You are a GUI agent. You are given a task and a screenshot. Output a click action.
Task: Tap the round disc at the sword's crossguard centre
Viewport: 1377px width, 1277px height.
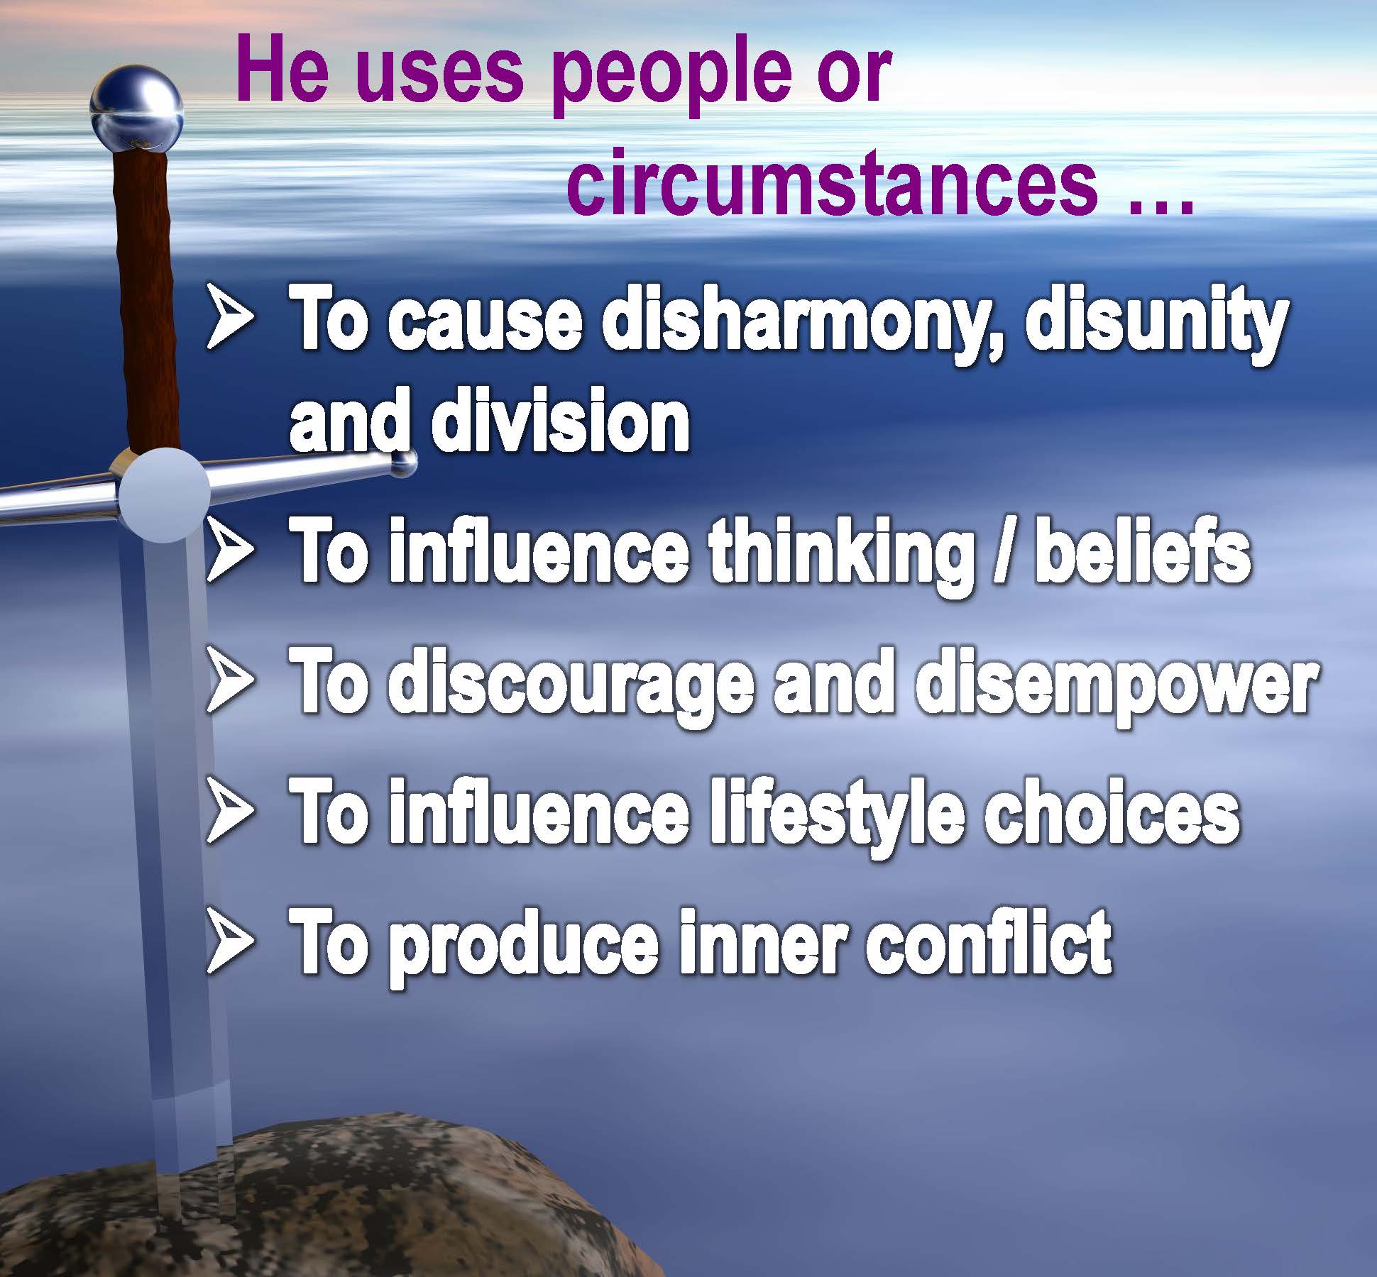[164, 495]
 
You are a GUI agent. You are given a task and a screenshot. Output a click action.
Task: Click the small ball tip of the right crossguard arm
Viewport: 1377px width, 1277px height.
[404, 464]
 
